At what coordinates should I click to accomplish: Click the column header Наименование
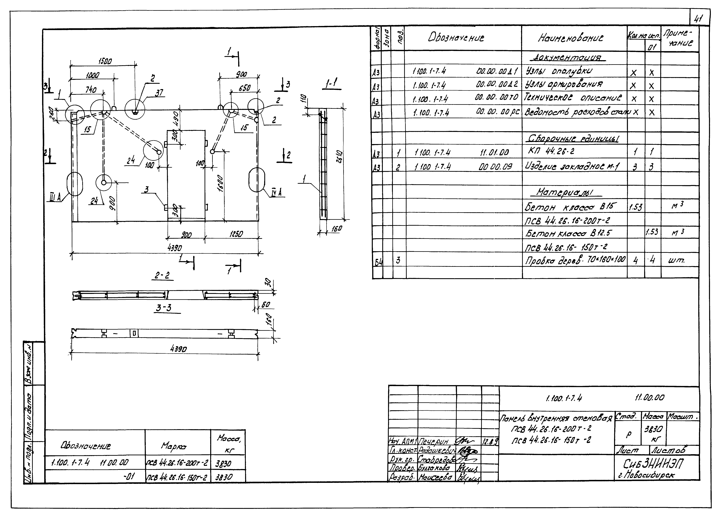571,38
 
